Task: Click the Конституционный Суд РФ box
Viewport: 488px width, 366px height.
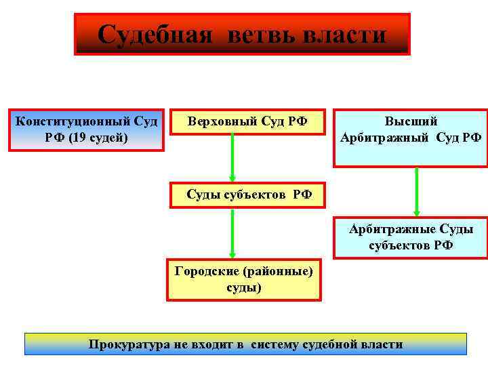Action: click(87, 129)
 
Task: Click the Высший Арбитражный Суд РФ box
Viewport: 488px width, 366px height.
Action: click(411, 138)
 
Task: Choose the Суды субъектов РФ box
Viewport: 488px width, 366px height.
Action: click(249, 195)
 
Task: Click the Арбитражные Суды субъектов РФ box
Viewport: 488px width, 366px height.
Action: click(411, 238)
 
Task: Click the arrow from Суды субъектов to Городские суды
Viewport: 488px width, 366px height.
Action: click(232, 232)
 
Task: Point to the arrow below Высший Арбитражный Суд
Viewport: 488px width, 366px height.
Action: click(416, 191)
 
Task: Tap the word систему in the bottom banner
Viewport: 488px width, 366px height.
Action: click(274, 344)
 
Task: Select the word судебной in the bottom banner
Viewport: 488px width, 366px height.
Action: click(329, 344)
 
